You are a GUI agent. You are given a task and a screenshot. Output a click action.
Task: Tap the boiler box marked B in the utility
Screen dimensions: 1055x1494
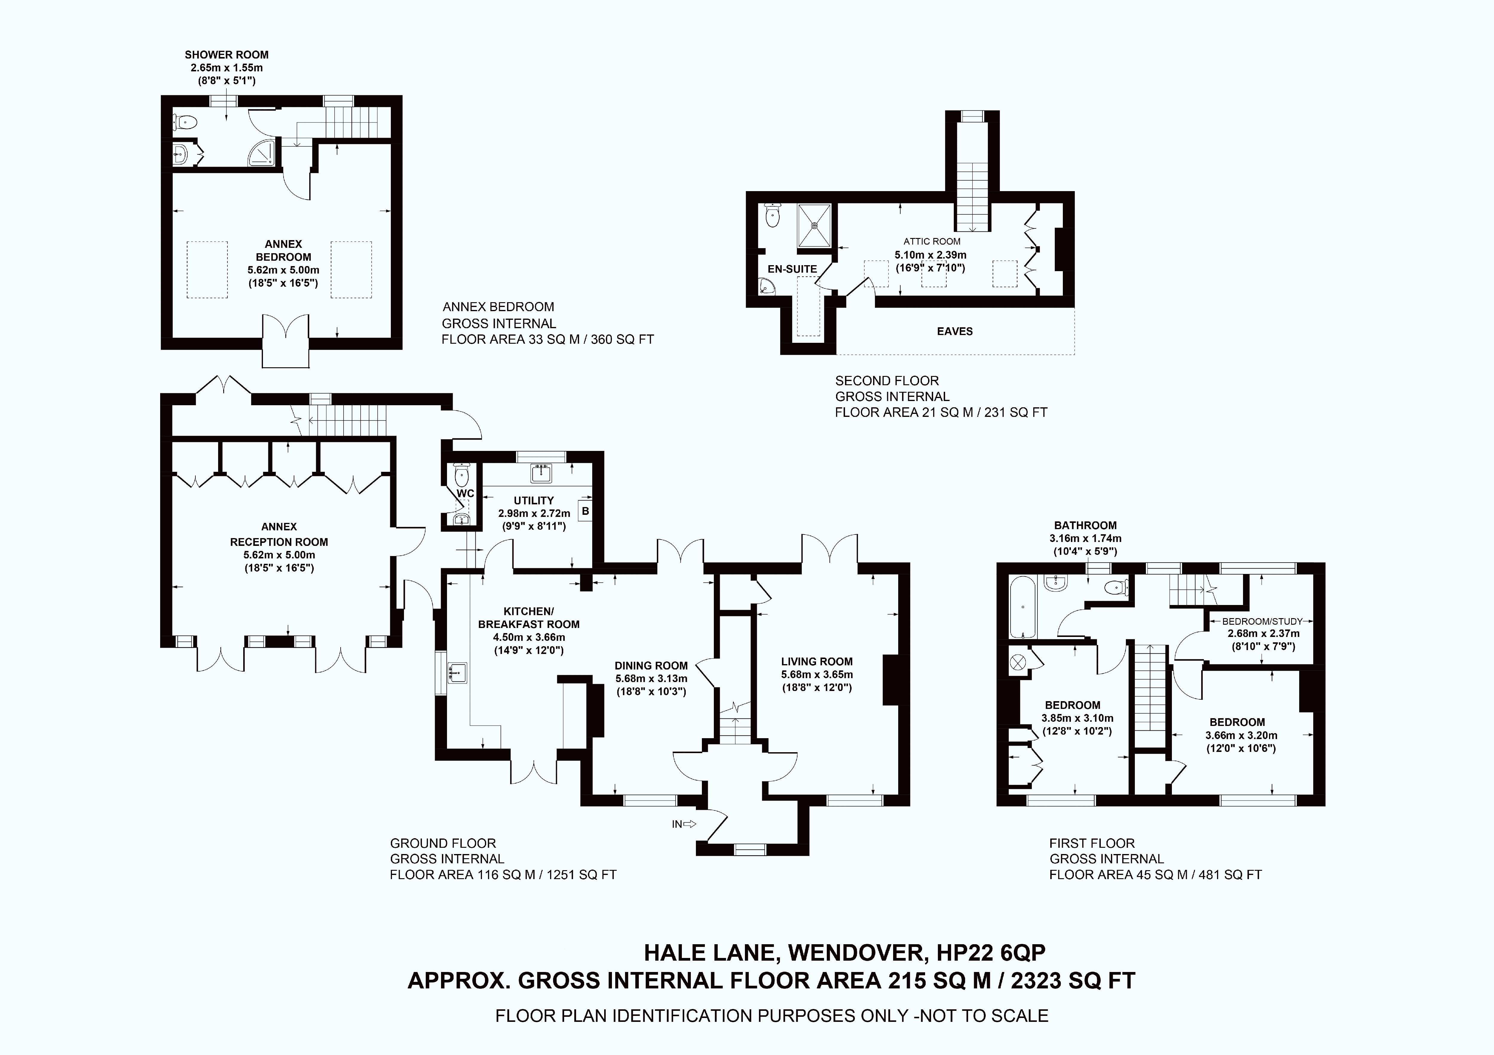[x=585, y=511]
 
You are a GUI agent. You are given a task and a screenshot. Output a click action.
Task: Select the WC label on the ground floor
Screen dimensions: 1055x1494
[x=465, y=494]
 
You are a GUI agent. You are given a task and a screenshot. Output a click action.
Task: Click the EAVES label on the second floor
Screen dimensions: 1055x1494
[x=955, y=331]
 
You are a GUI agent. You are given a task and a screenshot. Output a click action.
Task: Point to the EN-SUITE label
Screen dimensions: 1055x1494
[x=792, y=269]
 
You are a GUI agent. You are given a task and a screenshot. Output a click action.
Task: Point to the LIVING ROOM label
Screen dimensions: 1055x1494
[x=817, y=661]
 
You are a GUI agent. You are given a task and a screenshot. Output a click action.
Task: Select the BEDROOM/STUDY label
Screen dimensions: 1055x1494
[x=1262, y=621]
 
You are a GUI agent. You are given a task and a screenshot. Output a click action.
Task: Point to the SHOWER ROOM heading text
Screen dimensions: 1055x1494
[x=226, y=55]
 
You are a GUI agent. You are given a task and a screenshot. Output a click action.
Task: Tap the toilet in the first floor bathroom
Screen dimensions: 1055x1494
[x=1117, y=587]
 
